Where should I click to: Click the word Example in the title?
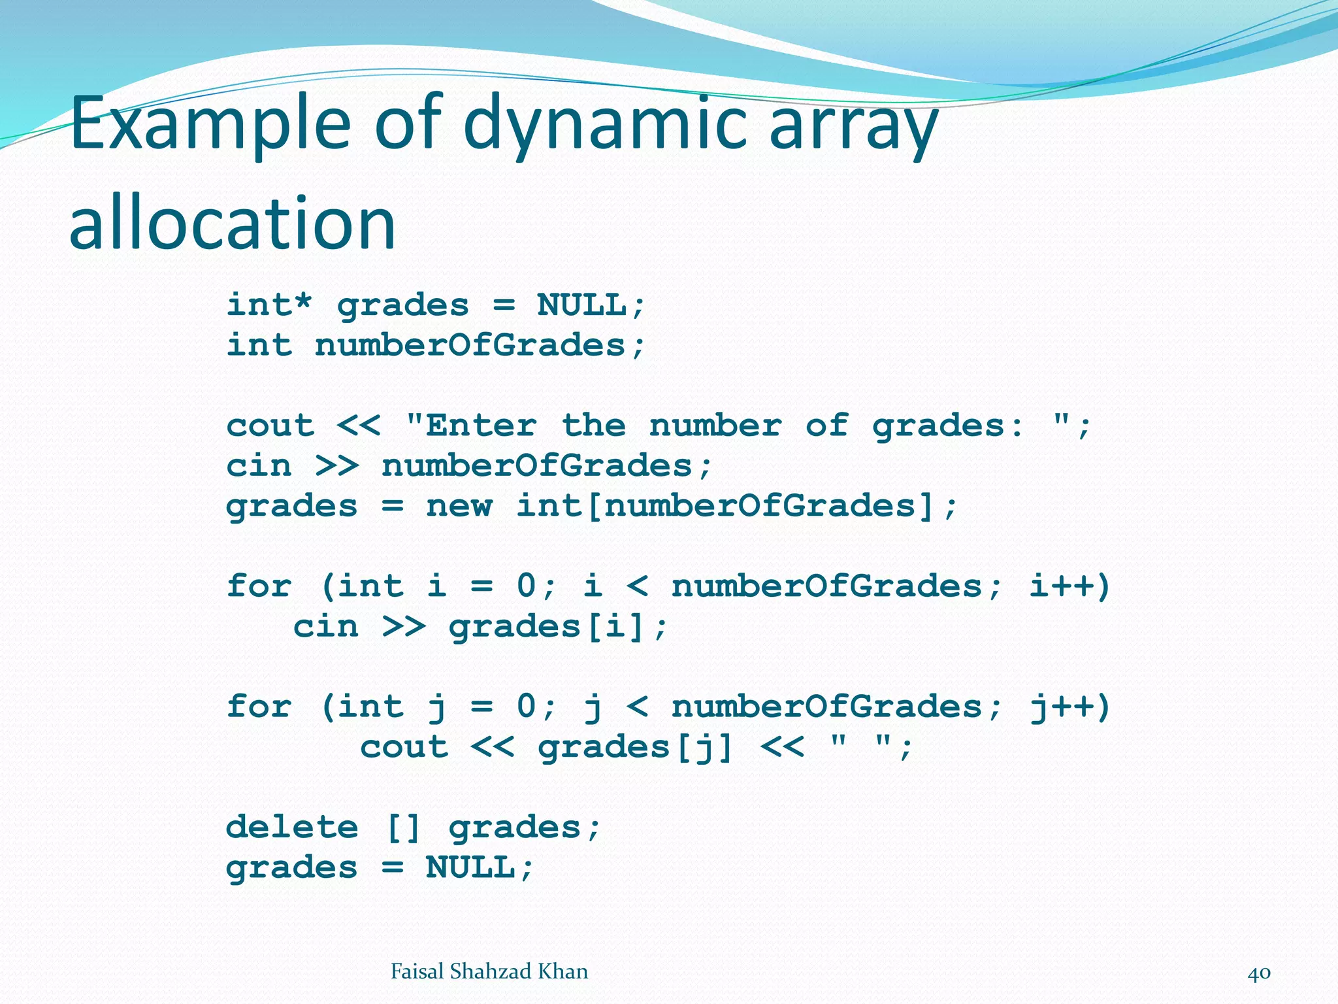tap(210, 124)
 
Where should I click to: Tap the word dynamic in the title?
tap(604, 124)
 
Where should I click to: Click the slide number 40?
tap(1259, 973)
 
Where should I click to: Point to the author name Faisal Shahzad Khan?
tap(489, 972)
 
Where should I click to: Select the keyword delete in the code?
tap(292, 828)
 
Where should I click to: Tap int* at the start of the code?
tap(269, 305)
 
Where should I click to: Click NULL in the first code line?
tap(581, 305)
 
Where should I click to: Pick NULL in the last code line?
tap(470, 868)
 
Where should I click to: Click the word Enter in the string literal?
tap(481, 426)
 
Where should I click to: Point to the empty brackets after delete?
tap(403, 828)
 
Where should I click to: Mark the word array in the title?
tap(853, 124)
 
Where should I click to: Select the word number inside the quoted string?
tap(715, 426)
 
